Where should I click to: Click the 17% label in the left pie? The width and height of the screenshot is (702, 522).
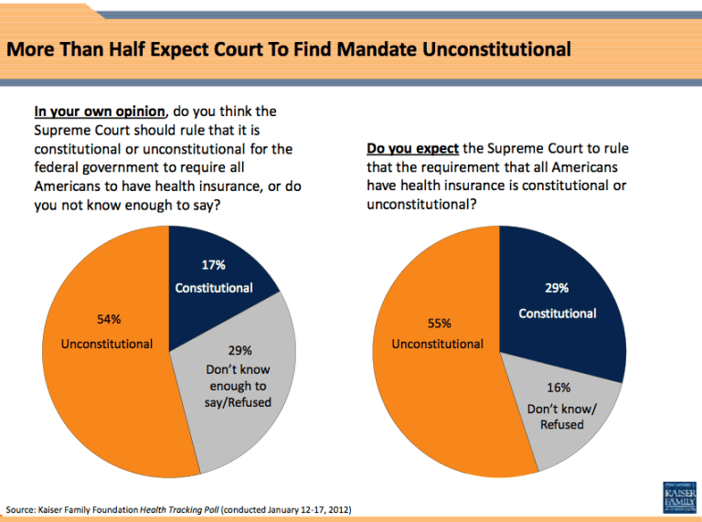(x=214, y=265)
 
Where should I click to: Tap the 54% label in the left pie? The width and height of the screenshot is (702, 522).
(x=109, y=320)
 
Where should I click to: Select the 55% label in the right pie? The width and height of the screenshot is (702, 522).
(x=439, y=323)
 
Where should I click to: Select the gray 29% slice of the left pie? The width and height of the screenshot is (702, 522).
(x=247, y=402)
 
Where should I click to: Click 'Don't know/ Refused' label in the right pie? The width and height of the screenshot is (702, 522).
(x=562, y=417)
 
